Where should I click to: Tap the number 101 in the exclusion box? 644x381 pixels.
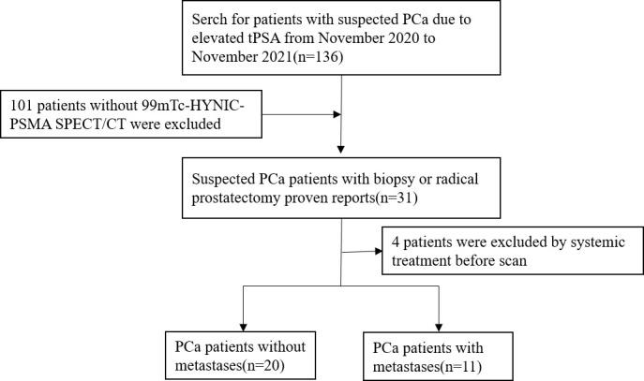click(x=23, y=100)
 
